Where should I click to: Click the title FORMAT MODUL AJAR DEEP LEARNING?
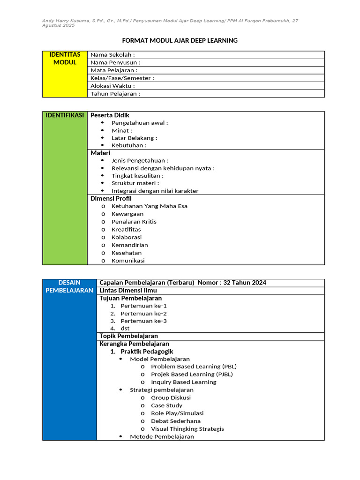tap(180, 41)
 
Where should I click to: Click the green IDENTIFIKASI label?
tap(65, 115)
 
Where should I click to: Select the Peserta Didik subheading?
tap(110, 115)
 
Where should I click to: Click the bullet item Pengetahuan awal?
tap(139, 123)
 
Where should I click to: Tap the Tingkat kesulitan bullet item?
tap(137, 176)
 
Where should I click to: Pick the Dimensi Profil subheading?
tap(111, 198)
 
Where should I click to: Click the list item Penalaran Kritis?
tap(134, 222)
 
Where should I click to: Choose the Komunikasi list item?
tap(128, 261)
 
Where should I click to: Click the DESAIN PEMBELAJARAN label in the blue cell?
tap(69, 286)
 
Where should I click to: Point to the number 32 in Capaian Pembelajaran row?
tap(228, 283)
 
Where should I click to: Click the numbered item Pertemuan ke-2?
tap(143, 314)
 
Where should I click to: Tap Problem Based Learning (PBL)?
tap(194, 367)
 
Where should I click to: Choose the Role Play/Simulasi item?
tap(177, 413)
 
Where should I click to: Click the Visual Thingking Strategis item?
tap(187, 429)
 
